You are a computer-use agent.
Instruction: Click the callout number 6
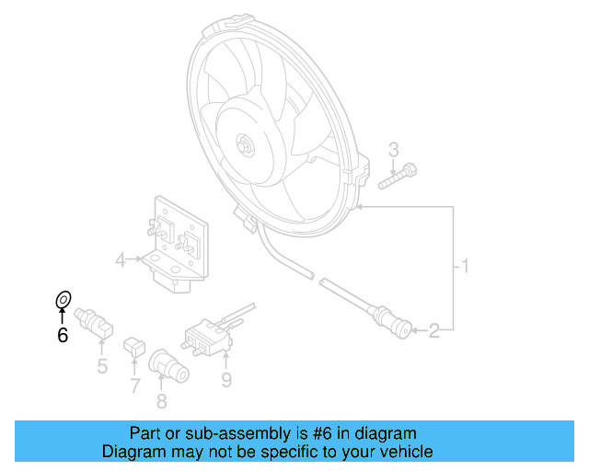click(63, 336)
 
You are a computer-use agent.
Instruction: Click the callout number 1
click(467, 268)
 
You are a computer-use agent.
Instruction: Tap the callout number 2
click(445, 327)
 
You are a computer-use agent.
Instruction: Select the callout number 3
click(394, 150)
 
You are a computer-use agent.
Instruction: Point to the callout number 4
click(121, 262)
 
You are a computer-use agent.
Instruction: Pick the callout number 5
click(102, 367)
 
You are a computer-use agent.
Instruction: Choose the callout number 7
click(134, 385)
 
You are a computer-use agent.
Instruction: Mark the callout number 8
click(162, 400)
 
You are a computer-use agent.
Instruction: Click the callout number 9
click(226, 378)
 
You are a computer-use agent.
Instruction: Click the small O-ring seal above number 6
click(64, 300)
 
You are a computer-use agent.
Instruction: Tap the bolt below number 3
click(398, 177)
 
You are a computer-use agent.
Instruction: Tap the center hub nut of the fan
click(244, 145)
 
